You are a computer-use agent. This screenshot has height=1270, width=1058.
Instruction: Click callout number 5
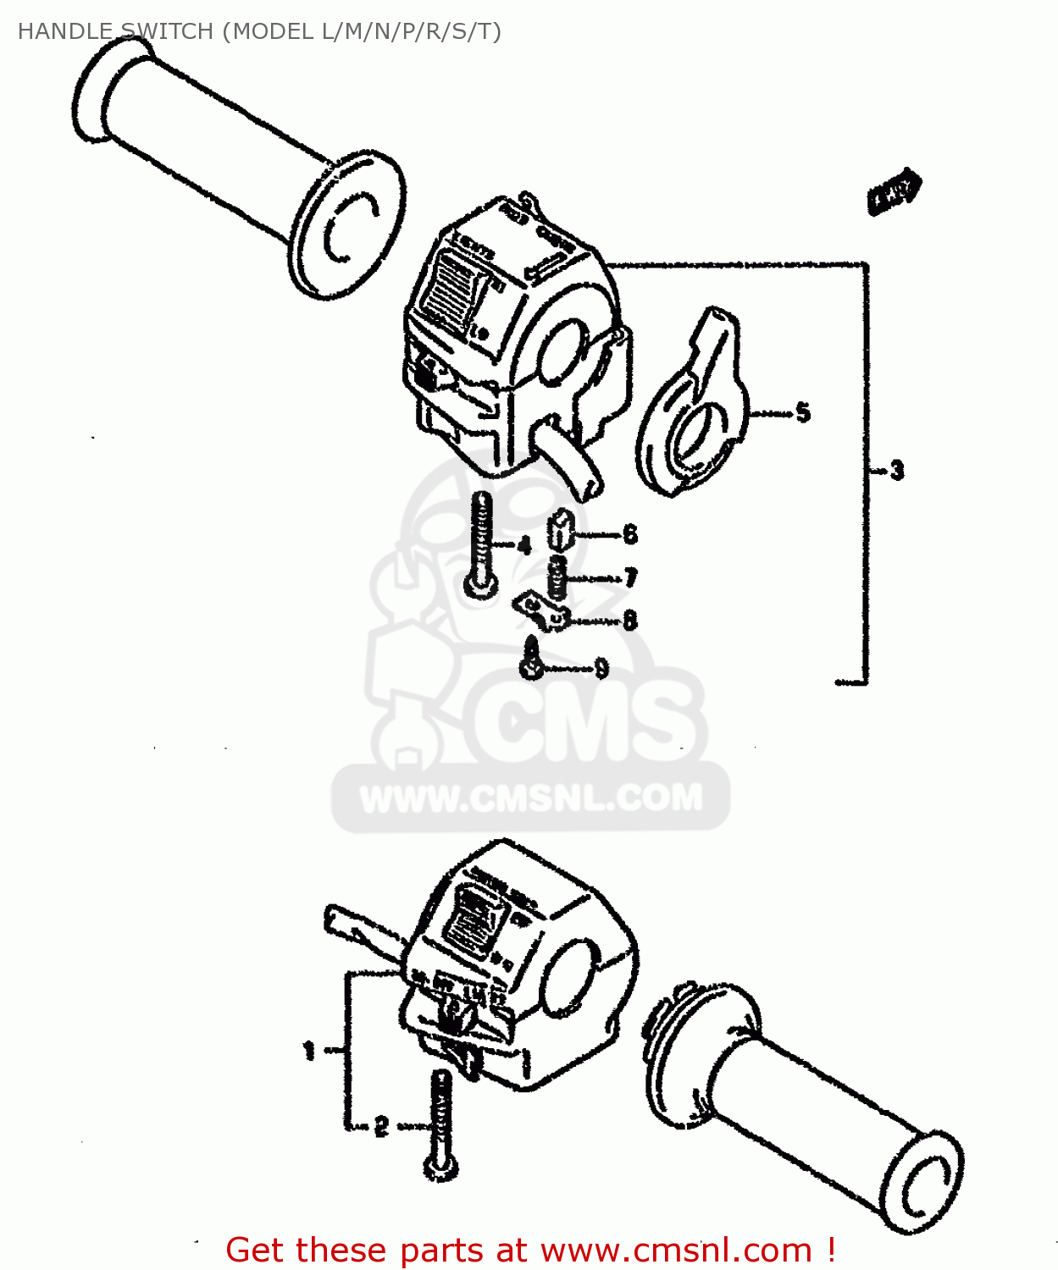point(802,413)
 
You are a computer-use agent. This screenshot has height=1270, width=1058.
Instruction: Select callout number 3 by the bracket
point(896,470)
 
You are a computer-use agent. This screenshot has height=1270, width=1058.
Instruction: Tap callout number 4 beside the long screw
point(524,546)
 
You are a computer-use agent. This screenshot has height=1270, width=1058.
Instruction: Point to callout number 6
point(629,534)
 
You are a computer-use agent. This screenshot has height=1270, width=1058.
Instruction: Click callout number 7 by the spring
point(630,578)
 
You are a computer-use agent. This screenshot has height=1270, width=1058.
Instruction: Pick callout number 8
point(629,621)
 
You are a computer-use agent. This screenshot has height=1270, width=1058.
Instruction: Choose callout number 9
point(601,669)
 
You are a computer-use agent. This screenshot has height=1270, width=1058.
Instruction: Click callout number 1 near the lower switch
point(309,1052)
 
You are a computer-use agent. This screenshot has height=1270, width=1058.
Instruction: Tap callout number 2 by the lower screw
point(381,1127)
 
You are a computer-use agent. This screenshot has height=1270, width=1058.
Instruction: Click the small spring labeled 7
point(557,577)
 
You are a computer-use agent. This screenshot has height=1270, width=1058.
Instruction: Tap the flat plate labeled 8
point(540,611)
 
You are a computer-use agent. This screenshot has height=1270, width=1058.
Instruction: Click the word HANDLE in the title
point(65,31)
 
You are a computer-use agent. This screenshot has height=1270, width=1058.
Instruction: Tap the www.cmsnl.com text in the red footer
point(676,1250)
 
